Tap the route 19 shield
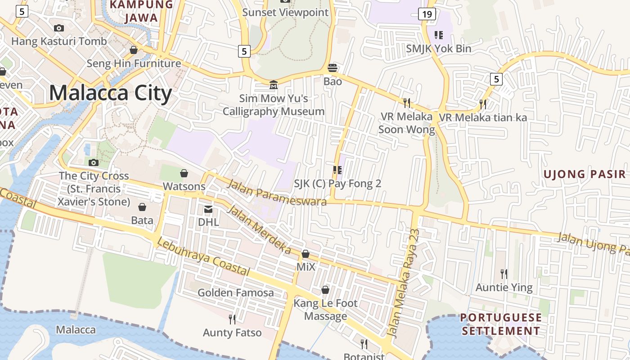(x=427, y=14)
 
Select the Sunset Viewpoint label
(x=285, y=12)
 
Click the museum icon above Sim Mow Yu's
(x=273, y=85)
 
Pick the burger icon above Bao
(x=333, y=68)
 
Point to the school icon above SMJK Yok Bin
(x=438, y=35)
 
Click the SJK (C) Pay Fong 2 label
(x=337, y=184)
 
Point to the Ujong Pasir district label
(x=585, y=174)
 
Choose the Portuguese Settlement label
(x=501, y=324)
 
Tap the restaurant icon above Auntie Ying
(x=504, y=273)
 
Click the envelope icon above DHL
(x=208, y=209)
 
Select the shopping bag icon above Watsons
(x=184, y=173)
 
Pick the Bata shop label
(x=142, y=220)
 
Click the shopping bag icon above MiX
(x=306, y=254)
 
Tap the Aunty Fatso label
(x=232, y=333)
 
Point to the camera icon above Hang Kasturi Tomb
(x=58, y=28)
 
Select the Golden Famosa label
(x=236, y=293)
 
